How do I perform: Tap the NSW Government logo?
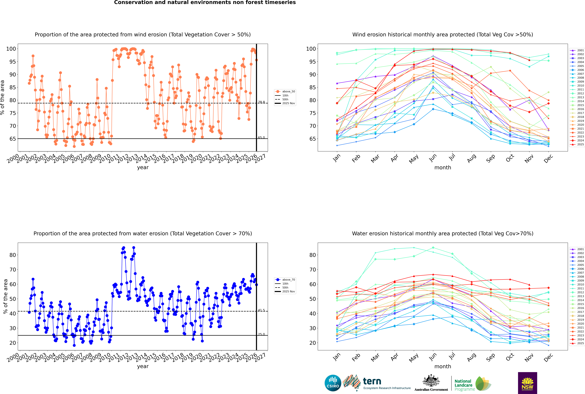point(527,383)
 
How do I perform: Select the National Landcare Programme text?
point(463,385)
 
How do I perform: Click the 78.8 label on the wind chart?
point(261,102)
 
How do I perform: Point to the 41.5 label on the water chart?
point(261,310)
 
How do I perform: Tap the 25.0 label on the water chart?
point(261,334)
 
